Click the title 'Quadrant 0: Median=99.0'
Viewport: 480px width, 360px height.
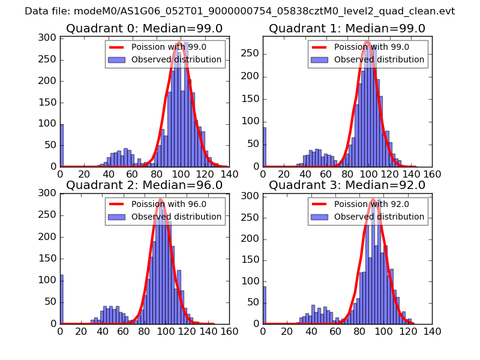tap(144, 29)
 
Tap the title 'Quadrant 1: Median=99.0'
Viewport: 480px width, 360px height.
tap(347, 29)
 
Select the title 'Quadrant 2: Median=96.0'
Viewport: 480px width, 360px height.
tap(144, 185)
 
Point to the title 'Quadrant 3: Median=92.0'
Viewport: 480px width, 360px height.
tap(347, 185)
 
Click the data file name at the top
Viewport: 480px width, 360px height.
tap(240, 11)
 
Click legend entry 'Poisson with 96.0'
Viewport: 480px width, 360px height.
tap(169, 204)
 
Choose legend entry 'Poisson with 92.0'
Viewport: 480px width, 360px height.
tap(371, 204)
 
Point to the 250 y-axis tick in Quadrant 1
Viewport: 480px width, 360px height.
tap(253, 53)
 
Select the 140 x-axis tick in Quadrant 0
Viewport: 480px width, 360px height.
tap(229, 174)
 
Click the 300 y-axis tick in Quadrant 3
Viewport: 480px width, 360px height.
tap(253, 196)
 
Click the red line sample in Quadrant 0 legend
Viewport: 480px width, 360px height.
tap(118, 47)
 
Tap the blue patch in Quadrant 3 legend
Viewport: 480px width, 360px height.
tap(320, 216)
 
